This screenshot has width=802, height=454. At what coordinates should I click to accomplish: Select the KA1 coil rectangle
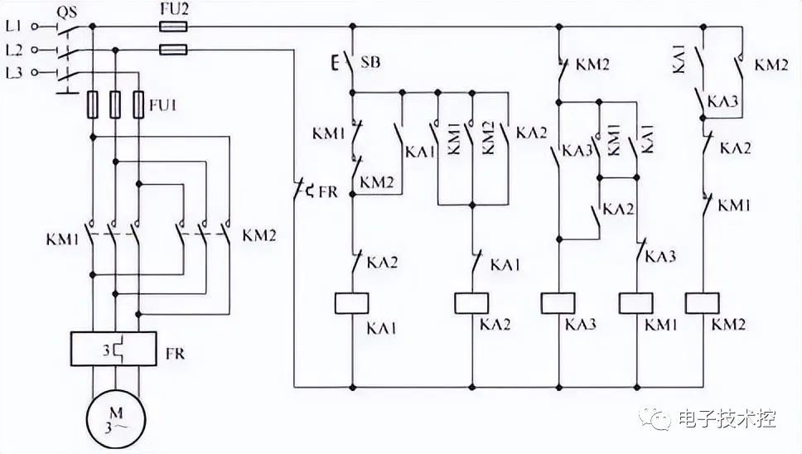tap(351, 303)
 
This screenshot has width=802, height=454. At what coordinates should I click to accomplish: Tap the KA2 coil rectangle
tap(471, 303)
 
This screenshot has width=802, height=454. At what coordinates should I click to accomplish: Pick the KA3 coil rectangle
tap(558, 303)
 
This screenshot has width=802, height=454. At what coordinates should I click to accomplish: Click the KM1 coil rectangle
tap(636, 303)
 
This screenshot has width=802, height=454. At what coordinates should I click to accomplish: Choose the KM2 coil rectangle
tap(703, 303)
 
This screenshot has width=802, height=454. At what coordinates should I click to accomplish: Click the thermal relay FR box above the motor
tap(114, 349)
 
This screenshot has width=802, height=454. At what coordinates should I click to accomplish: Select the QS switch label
tap(66, 12)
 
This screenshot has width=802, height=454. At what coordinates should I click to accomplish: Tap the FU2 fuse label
tap(174, 9)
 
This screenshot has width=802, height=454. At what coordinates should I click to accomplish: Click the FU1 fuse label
tap(163, 106)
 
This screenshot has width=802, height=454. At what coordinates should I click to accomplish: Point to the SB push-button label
tap(370, 62)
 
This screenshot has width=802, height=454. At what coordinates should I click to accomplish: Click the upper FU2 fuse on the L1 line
tap(173, 27)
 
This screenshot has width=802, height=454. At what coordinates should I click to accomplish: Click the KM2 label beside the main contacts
tap(258, 235)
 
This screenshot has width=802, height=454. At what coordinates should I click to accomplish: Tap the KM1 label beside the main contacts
tap(63, 239)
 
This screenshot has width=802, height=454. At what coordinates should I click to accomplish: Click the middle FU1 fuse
tap(116, 104)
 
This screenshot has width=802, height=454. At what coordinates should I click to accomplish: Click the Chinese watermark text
tap(727, 419)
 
